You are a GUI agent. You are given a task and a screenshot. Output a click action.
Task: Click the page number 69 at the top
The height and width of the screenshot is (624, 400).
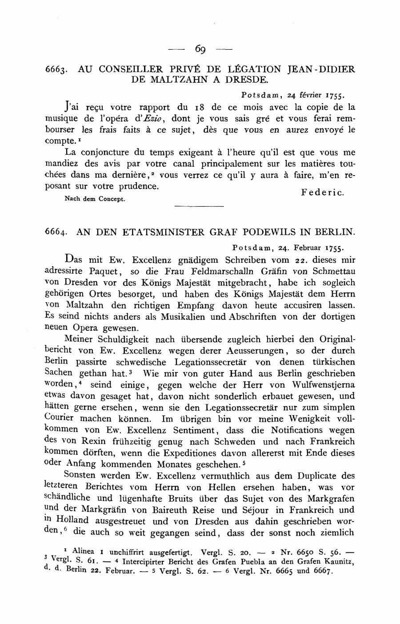(x=200, y=49)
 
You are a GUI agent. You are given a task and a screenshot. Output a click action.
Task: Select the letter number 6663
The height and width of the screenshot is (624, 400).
(x=56, y=70)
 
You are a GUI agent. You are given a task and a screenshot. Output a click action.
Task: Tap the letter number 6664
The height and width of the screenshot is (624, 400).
(x=56, y=232)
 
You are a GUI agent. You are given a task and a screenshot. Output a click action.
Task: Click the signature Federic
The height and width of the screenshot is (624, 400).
(x=322, y=192)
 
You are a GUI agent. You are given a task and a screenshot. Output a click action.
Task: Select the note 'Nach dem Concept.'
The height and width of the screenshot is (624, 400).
(x=95, y=199)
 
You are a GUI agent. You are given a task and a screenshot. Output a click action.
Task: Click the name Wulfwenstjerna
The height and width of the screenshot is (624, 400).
(x=322, y=385)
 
